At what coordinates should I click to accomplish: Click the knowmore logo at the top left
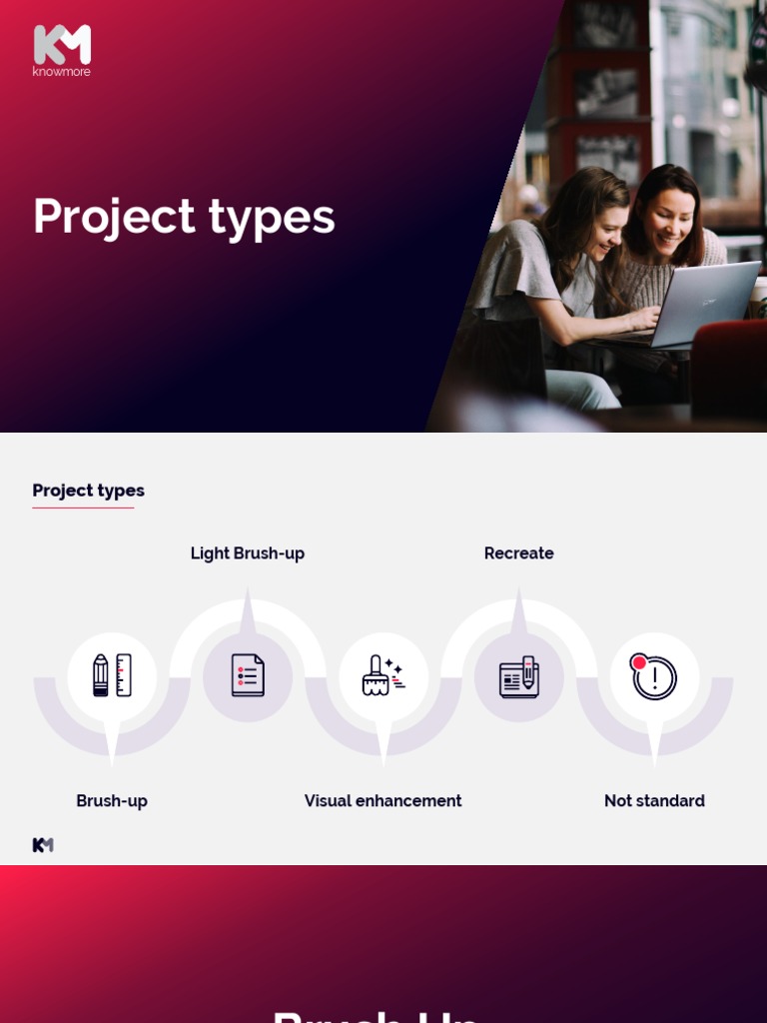point(61,50)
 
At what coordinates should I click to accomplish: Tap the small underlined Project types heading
point(88,491)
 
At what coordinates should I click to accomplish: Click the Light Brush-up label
point(248,553)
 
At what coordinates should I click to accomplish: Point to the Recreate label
point(518,553)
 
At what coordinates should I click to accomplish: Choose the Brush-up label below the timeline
point(112,801)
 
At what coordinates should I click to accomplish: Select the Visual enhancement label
point(383,801)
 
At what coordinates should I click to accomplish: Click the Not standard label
point(654,801)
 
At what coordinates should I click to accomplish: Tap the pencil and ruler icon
point(112,675)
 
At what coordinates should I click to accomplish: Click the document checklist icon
point(248,675)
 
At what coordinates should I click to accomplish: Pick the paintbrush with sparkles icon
point(383,675)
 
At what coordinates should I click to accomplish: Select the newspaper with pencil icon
point(519,676)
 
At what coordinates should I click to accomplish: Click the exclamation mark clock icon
point(655,677)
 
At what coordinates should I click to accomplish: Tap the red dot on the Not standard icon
point(639,662)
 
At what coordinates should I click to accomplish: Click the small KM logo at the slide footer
point(43,845)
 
